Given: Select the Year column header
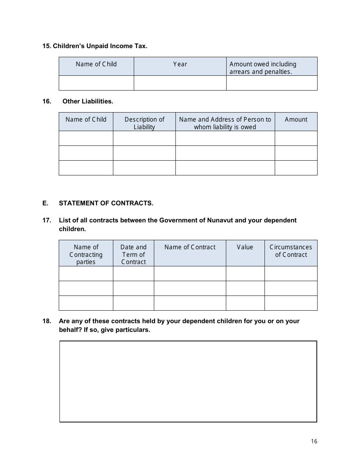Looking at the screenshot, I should point(180,64).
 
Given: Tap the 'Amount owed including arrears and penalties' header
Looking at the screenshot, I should point(263,68).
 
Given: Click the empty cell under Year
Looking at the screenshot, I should point(180,83).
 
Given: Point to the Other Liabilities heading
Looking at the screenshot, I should point(88,101).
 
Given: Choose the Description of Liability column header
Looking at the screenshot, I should point(144,123).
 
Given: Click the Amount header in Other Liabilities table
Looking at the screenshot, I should point(296,119).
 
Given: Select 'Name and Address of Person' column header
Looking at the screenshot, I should point(225,123).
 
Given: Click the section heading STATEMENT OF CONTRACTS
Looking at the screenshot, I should point(106,203).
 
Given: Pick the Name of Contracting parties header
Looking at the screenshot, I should point(86,254).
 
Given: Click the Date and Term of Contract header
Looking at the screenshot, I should point(133,254).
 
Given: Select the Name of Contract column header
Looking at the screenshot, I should point(190,247).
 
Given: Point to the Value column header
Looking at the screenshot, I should point(245,247).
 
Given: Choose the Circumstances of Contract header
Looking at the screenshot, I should point(291,251).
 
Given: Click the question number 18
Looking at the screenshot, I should point(47,321).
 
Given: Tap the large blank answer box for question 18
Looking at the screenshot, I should point(188,382).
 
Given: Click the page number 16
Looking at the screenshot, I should point(314,441).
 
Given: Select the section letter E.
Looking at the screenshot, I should point(45,203).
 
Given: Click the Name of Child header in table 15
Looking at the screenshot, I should point(96,64).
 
